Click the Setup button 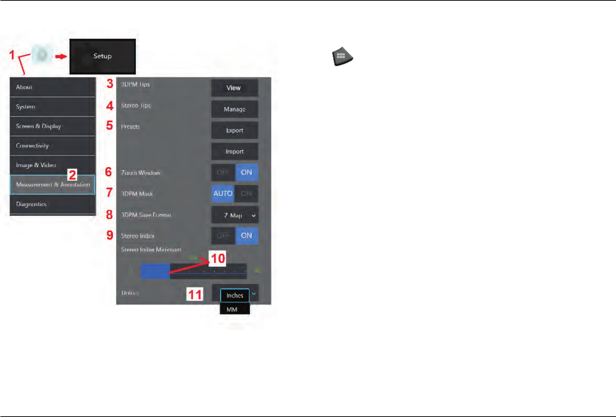pyautogui.click(x=102, y=56)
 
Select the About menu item pyautogui.click(x=53, y=87)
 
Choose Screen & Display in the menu pyautogui.click(x=53, y=126)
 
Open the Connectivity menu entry pyautogui.click(x=53, y=146)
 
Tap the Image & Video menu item pyautogui.click(x=53, y=165)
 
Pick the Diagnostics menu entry pyautogui.click(x=53, y=204)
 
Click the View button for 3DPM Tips pyautogui.click(x=234, y=88)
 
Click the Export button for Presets pyautogui.click(x=234, y=130)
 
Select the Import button pyautogui.click(x=234, y=151)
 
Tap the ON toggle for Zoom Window pyautogui.click(x=246, y=173)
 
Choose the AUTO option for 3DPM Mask pyautogui.click(x=223, y=194)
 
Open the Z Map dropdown pyautogui.click(x=235, y=215)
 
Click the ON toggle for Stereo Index pyautogui.click(x=246, y=235)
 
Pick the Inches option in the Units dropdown pyautogui.click(x=234, y=295)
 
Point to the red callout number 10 pyautogui.click(x=217, y=259)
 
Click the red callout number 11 pyautogui.click(x=195, y=295)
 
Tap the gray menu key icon pyautogui.click(x=342, y=57)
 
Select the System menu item pyautogui.click(x=53, y=107)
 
